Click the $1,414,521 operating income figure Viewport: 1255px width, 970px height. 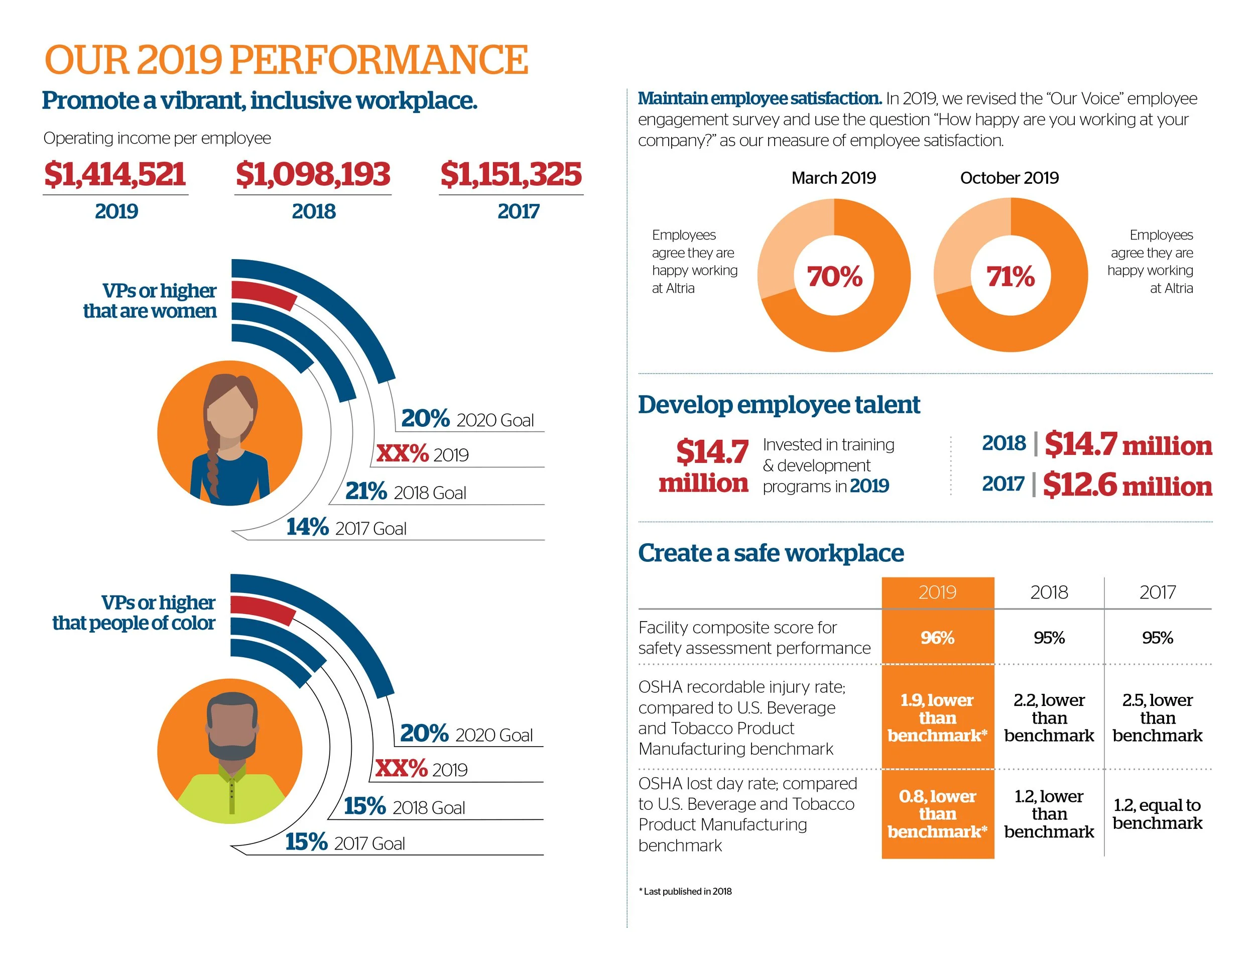(115, 174)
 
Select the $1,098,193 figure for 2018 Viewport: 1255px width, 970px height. (313, 174)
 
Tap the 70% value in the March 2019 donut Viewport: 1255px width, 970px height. (834, 277)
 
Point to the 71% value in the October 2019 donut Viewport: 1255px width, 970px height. (1010, 277)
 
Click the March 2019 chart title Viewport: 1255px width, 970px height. (833, 178)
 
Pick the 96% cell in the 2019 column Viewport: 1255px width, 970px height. (937, 637)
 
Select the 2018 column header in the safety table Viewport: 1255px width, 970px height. (1049, 592)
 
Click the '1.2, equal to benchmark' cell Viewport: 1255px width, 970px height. (1157, 814)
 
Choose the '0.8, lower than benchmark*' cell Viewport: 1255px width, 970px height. (937, 814)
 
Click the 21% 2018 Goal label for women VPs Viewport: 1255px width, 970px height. (405, 492)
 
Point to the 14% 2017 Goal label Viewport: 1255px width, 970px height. (346, 528)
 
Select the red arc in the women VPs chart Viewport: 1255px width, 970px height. (263, 294)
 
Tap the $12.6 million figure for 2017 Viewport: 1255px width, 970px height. (1127, 485)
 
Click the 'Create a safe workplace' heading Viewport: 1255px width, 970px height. (771, 553)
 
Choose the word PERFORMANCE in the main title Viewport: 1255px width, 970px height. (379, 60)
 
